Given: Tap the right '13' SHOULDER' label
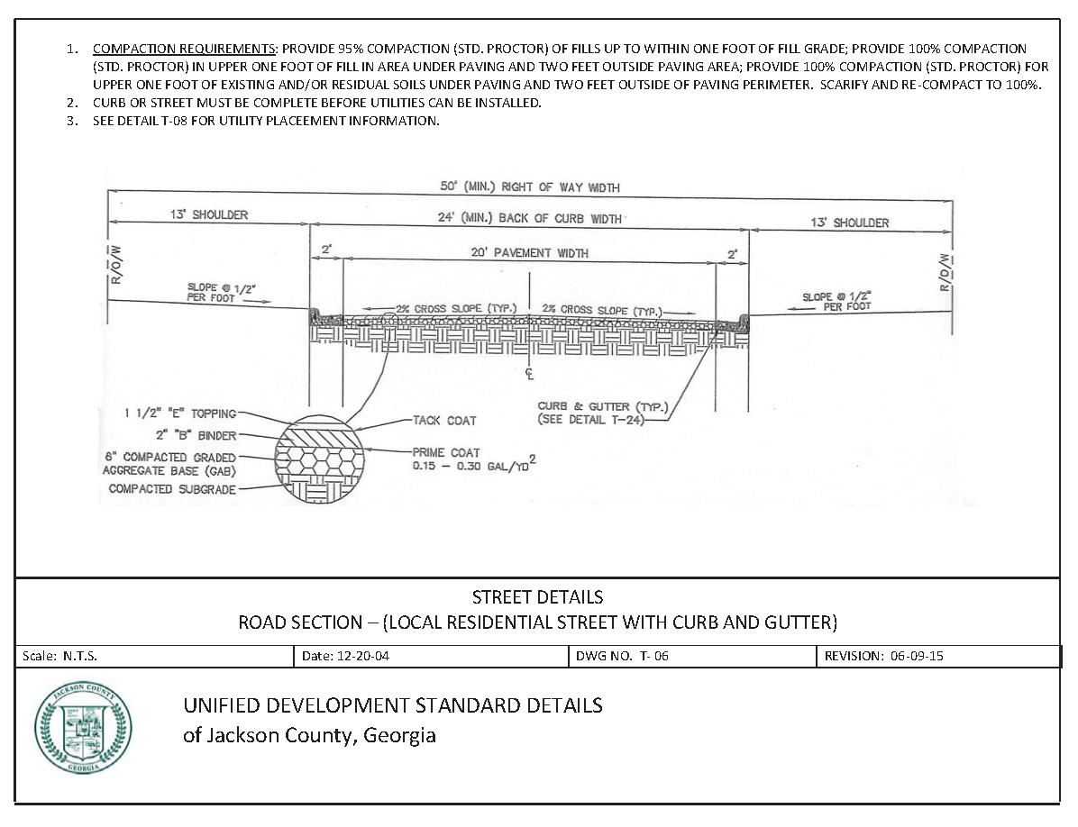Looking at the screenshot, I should [x=849, y=223].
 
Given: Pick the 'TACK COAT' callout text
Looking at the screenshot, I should [x=444, y=421].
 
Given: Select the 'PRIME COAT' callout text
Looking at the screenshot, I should [x=446, y=452].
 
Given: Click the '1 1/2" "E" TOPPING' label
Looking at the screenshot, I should [x=180, y=413].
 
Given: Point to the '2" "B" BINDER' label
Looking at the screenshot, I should [x=195, y=436].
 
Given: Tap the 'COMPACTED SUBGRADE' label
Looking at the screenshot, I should [x=172, y=489].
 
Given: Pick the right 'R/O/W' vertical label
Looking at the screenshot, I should [x=945, y=272].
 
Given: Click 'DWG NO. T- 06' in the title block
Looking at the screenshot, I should [x=622, y=657].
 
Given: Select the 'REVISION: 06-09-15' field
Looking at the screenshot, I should [x=883, y=657].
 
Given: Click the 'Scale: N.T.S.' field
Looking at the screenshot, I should [x=60, y=657].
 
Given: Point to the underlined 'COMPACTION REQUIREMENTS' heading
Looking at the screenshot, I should [x=185, y=49].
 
